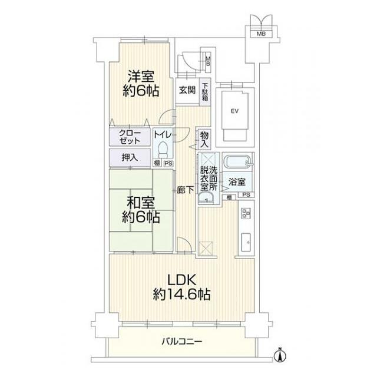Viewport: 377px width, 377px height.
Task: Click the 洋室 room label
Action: point(141,77)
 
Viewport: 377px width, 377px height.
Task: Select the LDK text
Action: point(181,280)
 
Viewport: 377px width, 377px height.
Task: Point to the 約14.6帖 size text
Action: point(181,294)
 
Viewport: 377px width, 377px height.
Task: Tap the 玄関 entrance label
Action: point(187,90)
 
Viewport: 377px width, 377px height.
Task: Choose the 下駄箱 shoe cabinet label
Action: point(205,92)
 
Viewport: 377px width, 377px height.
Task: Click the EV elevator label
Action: point(234,111)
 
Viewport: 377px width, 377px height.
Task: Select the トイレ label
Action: point(163,134)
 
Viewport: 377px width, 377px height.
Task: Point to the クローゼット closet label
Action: point(130,138)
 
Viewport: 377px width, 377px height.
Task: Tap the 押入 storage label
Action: point(130,157)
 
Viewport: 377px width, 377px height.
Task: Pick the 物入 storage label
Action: point(204,139)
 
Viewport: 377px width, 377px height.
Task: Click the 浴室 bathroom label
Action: point(238,183)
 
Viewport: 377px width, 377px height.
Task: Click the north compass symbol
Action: point(282,355)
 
